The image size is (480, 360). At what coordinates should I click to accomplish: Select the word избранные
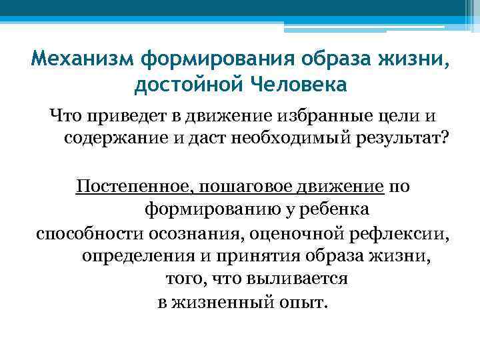click(x=307, y=117)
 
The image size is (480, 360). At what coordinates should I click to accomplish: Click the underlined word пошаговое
click(x=230, y=187)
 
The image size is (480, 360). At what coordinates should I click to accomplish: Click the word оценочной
click(x=291, y=233)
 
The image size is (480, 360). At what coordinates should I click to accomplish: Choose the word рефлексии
click(x=396, y=233)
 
